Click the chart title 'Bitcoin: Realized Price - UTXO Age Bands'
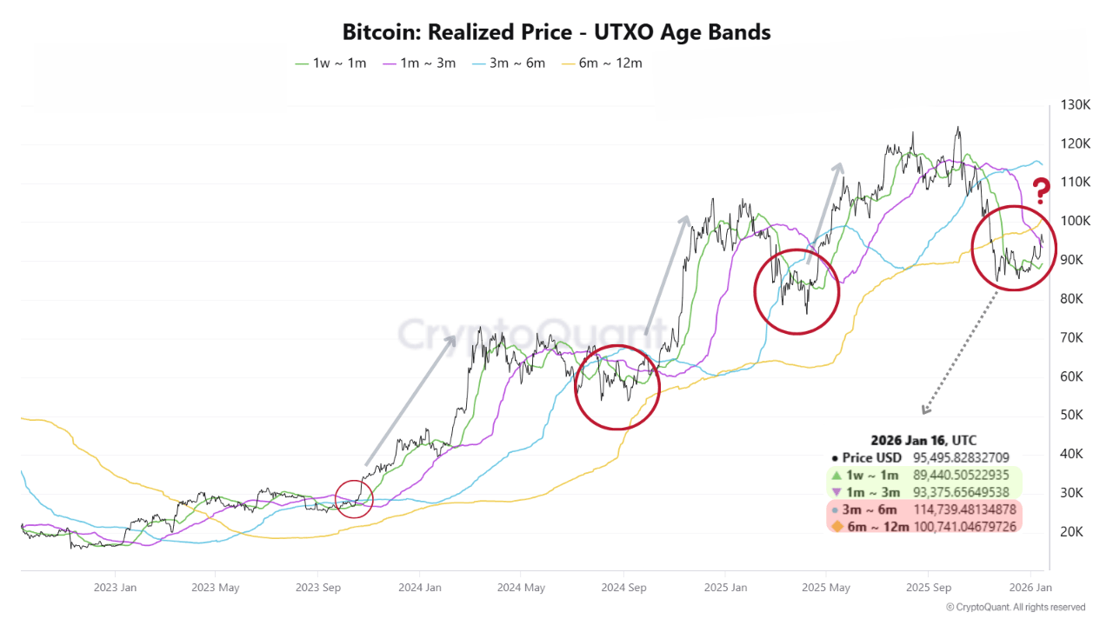click(x=556, y=33)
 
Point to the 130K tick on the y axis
click(x=1076, y=105)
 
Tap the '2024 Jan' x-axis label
click(x=419, y=587)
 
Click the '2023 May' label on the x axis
click(x=216, y=587)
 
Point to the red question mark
click(x=1041, y=189)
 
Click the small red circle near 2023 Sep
click(x=354, y=499)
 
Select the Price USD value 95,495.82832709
click(x=961, y=457)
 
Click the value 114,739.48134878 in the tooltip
click(x=965, y=509)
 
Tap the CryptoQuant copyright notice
click(x=1015, y=607)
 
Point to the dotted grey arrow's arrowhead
click(x=924, y=411)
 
